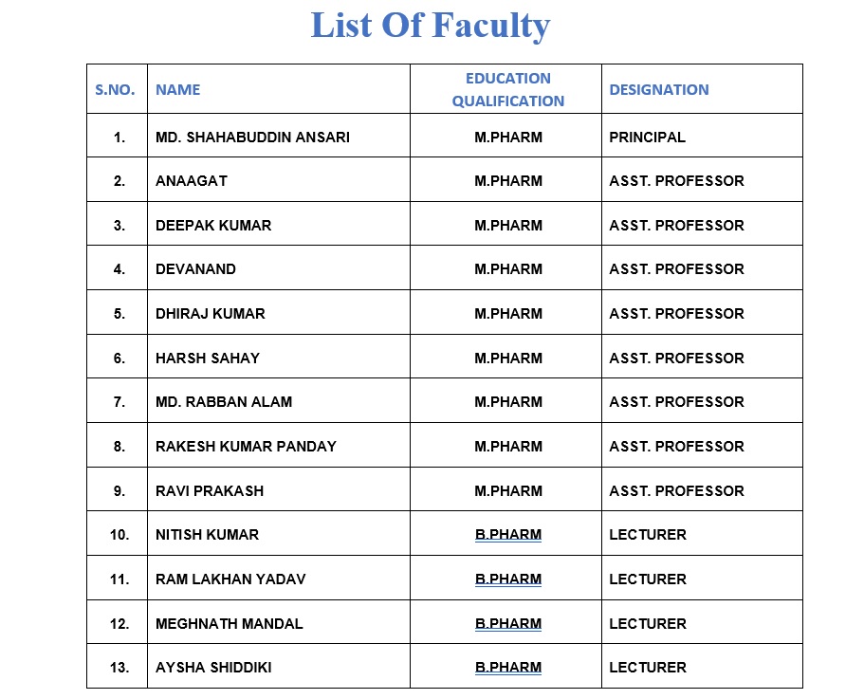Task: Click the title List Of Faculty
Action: coord(431,26)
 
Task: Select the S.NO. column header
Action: coord(115,90)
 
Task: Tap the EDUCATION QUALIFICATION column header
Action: coord(507,90)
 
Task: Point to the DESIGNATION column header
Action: coord(658,90)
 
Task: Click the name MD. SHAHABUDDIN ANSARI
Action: coord(252,138)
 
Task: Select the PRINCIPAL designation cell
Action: coord(647,138)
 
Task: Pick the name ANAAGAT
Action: coord(192,181)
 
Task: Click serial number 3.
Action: coord(119,226)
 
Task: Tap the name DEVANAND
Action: coord(195,269)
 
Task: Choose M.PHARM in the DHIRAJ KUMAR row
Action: coord(508,314)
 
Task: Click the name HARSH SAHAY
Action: coord(207,359)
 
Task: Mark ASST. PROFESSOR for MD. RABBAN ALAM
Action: coord(676,402)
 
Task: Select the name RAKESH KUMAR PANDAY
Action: coord(246,447)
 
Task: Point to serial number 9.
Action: coord(119,491)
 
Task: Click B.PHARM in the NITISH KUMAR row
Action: coord(508,535)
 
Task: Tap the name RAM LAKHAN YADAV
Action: coord(230,579)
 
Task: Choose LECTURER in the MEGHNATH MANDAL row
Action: coord(647,624)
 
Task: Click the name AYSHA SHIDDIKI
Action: coord(213,668)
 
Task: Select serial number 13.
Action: coord(119,668)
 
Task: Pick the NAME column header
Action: coord(178,90)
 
